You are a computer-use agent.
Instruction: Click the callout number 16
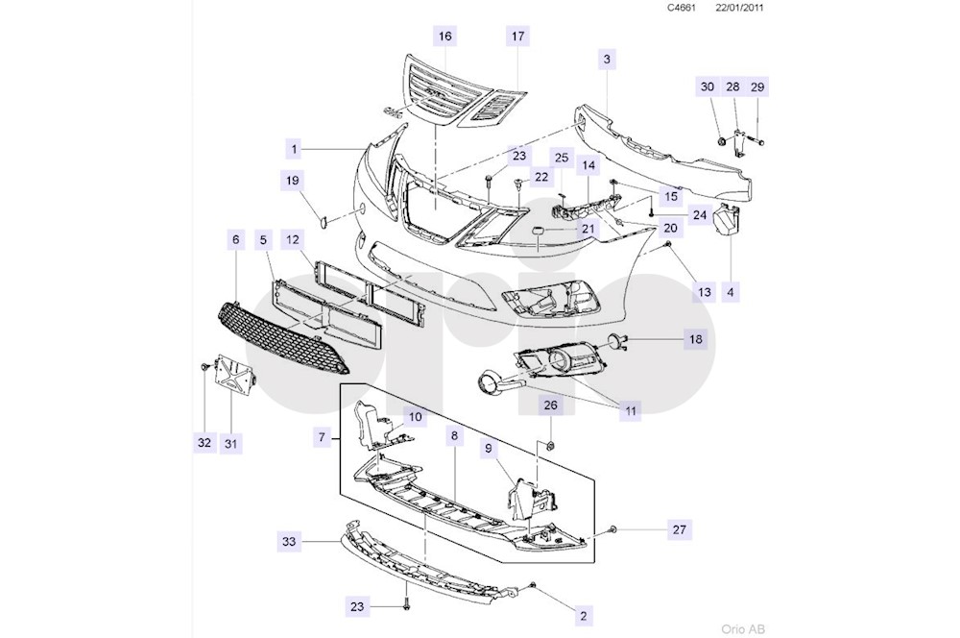click(444, 37)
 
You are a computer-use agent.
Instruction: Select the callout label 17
click(517, 37)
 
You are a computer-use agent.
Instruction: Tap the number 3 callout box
click(608, 60)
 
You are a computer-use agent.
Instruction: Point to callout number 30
click(708, 86)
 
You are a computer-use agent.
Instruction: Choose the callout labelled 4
click(732, 289)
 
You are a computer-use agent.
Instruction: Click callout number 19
click(293, 180)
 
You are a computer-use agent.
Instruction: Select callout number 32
click(204, 442)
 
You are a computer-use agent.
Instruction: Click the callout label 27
click(680, 529)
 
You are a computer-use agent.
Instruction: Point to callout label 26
click(550, 405)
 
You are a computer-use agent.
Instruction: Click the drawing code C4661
click(684, 8)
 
